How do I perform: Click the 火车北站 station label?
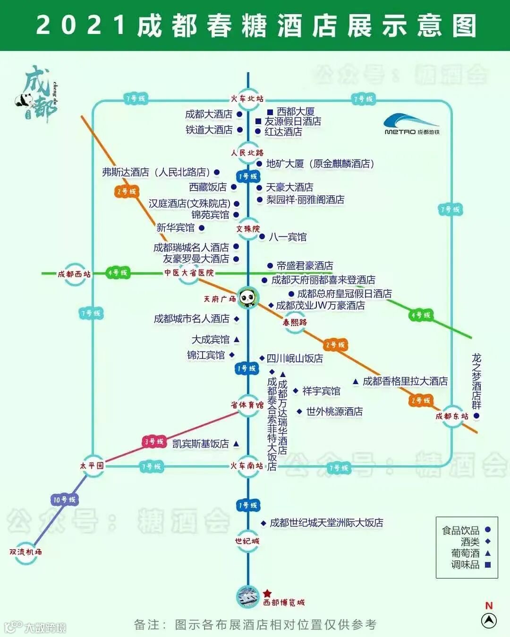pyautogui.click(x=247, y=99)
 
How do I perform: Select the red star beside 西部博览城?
pyautogui.click(x=267, y=594)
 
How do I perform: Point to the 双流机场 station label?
pyautogui.click(x=25, y=552)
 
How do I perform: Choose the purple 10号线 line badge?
pyautogui.click(x=64, y=499)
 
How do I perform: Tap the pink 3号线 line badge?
pyautogui.click(x=154, y=442)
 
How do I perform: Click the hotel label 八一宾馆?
pyautogui.click(x=288, y=237)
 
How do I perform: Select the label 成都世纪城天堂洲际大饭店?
pyautogui.click(x=326, y=523)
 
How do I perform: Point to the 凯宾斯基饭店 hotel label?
pyautogui.click(x=201, y=444)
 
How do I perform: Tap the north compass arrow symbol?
pyautogui.click(x=489, y=620)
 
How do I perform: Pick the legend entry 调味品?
pyautogui.click(x=466, y=564)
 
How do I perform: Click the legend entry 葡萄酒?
pyautogui.click(x=466, y=553)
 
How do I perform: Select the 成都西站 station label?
pyautogui.click(x=74, y=274)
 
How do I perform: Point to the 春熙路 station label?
pyautogui.click(x=295, y=322)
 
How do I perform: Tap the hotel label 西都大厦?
pyautogui.click(x=296, y=112)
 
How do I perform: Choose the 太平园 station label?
pyautogui.click(x=92, y=466)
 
